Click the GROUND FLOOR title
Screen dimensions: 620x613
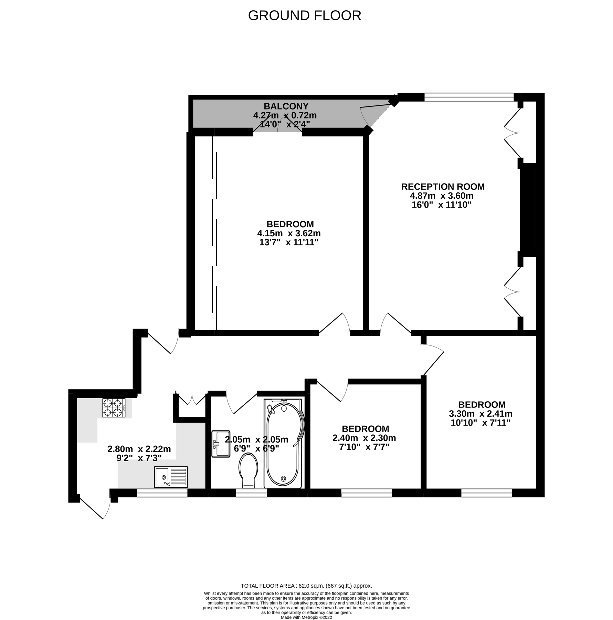(x=304, y=16)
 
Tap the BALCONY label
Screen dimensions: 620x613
(x=286, y=106)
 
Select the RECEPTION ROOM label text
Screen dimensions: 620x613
(x=443, y=187)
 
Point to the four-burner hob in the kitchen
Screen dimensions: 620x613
(x=114, y=408)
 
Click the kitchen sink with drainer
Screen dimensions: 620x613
(x=171, y=477)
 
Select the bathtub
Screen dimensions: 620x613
(x=283, y=444)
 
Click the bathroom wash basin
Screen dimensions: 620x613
(x=221, y=444)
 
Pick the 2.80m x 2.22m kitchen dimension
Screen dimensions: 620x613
(x=139, y=449)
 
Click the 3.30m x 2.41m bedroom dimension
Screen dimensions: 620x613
(x=480, y=414)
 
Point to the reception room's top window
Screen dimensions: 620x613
(x=469, y=97)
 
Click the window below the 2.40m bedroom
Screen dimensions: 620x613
(x=366, y=493)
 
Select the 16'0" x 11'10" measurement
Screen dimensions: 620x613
(x=442, y=205)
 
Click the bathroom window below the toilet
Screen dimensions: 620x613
(x=251, y=493)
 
